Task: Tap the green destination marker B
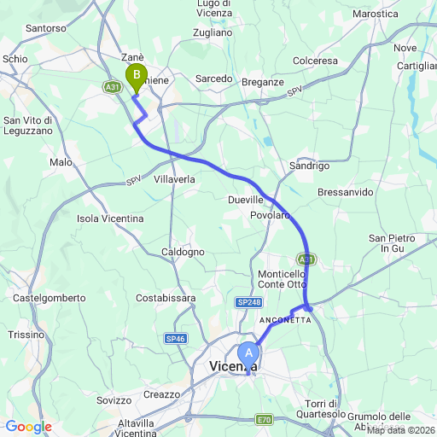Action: tap(136, 78)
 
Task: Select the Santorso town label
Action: tap(46, 28)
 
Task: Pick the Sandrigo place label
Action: tap(309, 166)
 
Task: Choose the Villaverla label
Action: tap(175, 180)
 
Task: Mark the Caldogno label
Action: tap(184, 253)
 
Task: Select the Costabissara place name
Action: tap(166, 298)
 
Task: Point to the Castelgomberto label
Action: tap(49, 298)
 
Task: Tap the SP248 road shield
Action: tap(248, 303)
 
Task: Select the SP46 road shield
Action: tap(176, 339)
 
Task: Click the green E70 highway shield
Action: tap(265, 419)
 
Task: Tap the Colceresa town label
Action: tap(315, 61)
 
